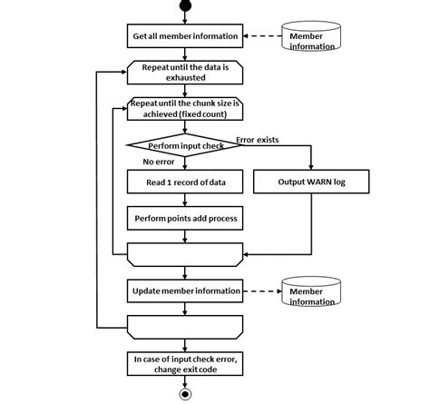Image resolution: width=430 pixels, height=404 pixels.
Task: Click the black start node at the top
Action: click(x=187, y=7)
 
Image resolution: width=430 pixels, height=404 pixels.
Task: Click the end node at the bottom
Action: click(x=187, y=395)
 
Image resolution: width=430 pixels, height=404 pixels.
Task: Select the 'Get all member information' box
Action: click(x=185, y=36)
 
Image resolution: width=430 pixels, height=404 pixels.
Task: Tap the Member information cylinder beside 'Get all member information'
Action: click(x=312, y=37)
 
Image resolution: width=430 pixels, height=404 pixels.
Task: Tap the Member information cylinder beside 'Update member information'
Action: click(x=312, y=292)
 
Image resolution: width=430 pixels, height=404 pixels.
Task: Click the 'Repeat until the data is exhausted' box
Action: click(x=185, y=72)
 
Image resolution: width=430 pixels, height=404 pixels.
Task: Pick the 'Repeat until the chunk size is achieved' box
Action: click(x=185, y=108)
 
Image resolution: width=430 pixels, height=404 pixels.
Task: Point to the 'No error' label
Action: click(x=159, y=163)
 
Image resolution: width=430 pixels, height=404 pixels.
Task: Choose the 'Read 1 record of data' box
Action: click(x=185, y=182)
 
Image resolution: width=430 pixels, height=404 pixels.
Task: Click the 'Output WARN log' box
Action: click(x=310, y=182)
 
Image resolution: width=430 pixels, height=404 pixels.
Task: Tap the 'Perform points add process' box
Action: click(x=185, y=219)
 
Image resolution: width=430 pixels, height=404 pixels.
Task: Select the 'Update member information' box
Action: click(x=185, y=291)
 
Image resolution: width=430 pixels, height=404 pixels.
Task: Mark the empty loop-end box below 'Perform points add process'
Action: click(x=185, y=254)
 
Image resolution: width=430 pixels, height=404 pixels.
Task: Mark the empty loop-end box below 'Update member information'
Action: click(x=185, y=326)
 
